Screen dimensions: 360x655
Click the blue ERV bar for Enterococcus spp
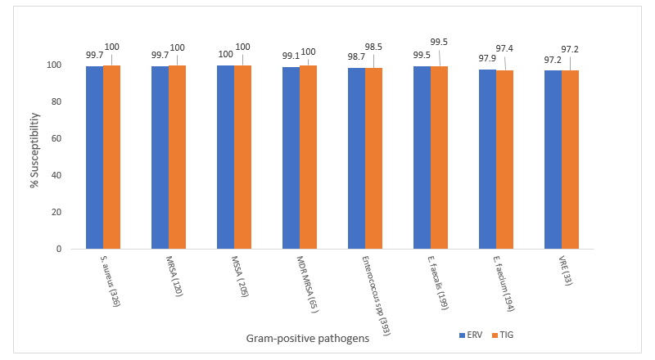click(x=356, y=158)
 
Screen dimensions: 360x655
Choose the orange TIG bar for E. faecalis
click(x=439, y=157)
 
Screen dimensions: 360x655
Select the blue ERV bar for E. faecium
click(x=487, y=159)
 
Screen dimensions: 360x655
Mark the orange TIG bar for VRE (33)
click(x=570, y=160)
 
